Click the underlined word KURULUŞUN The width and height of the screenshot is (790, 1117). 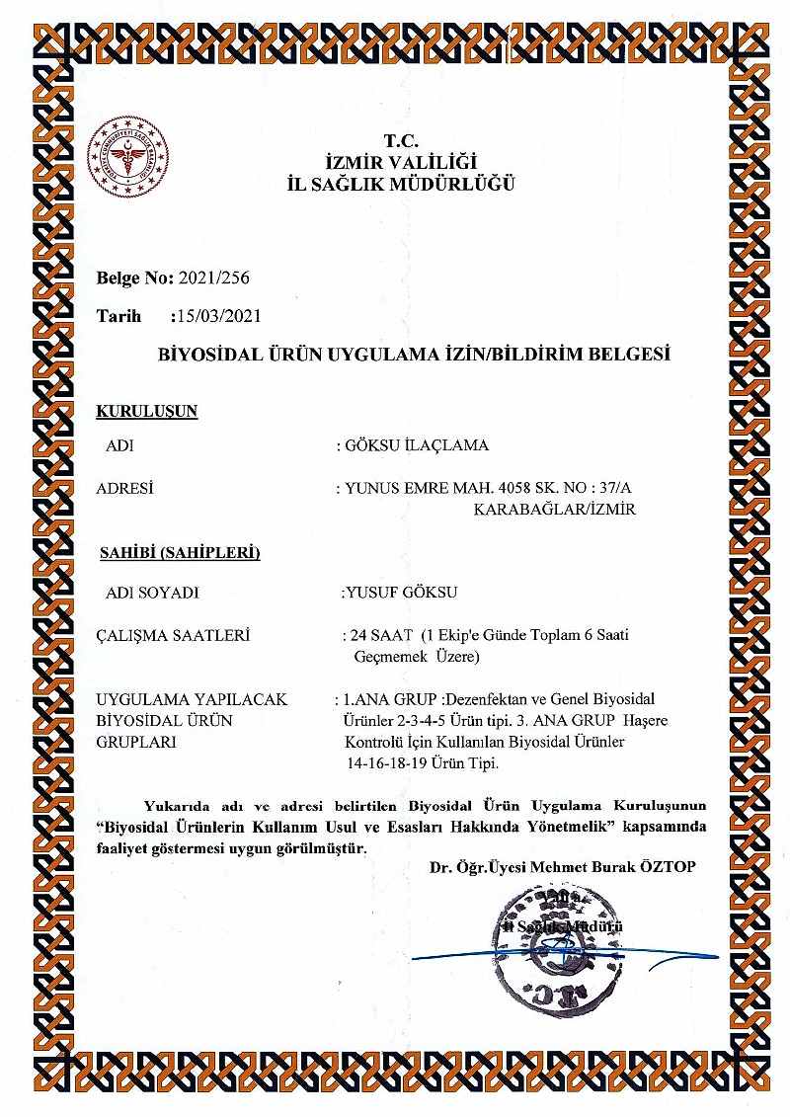[x=147, y=411]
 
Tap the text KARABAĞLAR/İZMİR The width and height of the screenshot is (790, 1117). [x=555, y=510]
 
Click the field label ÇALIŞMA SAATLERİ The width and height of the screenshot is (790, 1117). [x=174, y=635]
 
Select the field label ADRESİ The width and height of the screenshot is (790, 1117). [x=125, y=488]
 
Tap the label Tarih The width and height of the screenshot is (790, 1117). [x=119, y=316]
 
